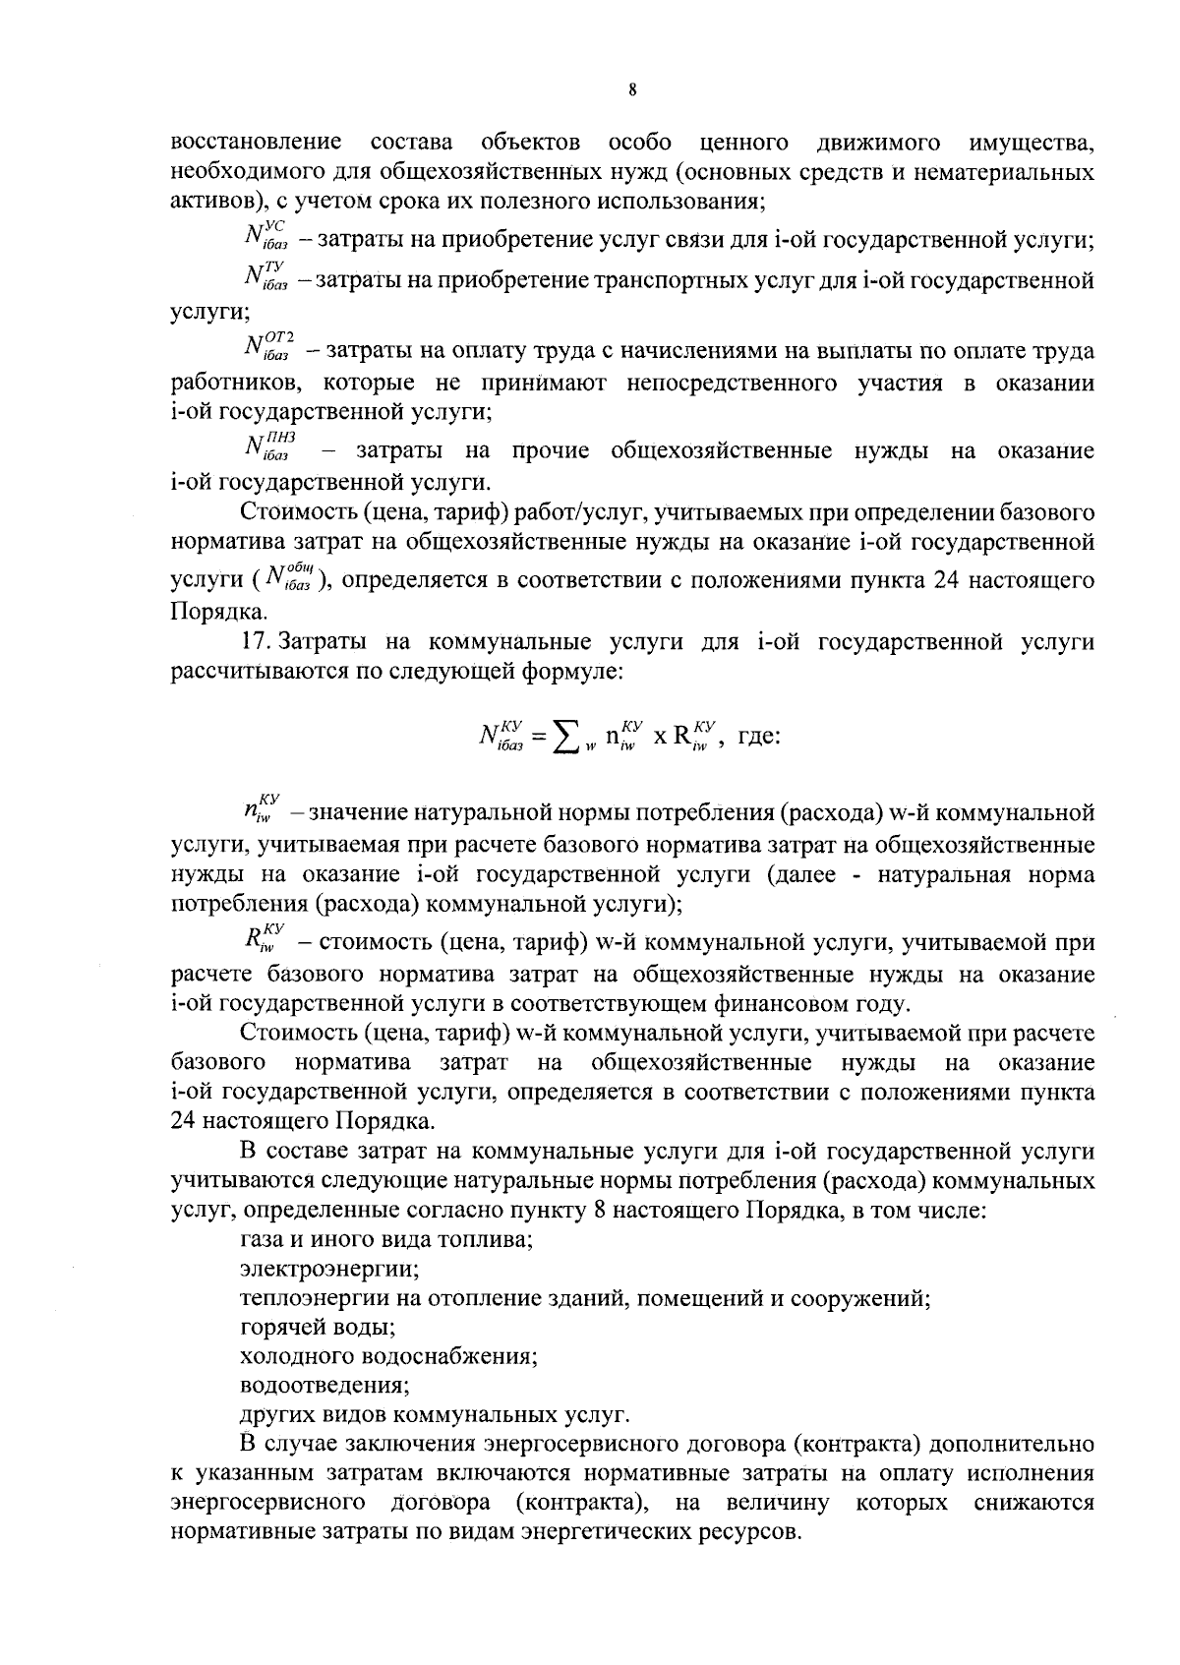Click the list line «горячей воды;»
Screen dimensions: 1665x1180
[x=318, y=1327]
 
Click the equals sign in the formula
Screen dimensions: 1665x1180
[x=538, y=737]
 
